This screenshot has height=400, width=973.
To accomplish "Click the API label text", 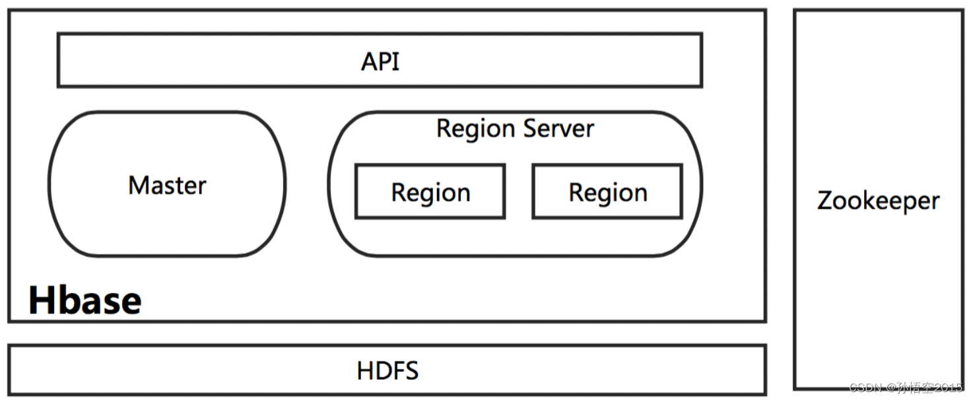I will point(380,61).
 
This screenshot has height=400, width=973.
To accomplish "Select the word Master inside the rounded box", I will point(167,185).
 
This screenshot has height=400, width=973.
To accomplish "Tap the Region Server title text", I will point(515,128).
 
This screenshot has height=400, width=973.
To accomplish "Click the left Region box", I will point(430,192).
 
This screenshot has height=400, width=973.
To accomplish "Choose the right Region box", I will point(607,192).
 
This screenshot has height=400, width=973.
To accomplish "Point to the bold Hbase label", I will point(84,300).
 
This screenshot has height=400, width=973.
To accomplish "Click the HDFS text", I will point(387,370).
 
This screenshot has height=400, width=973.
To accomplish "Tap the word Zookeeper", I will point(878,200).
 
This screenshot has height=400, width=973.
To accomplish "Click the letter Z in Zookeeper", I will point(824,200).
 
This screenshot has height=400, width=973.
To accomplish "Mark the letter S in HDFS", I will point(411,370).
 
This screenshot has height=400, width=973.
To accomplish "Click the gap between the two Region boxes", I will point(519,191).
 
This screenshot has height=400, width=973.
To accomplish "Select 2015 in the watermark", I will point(948,387).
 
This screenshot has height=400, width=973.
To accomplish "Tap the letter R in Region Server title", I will point(444,128).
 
